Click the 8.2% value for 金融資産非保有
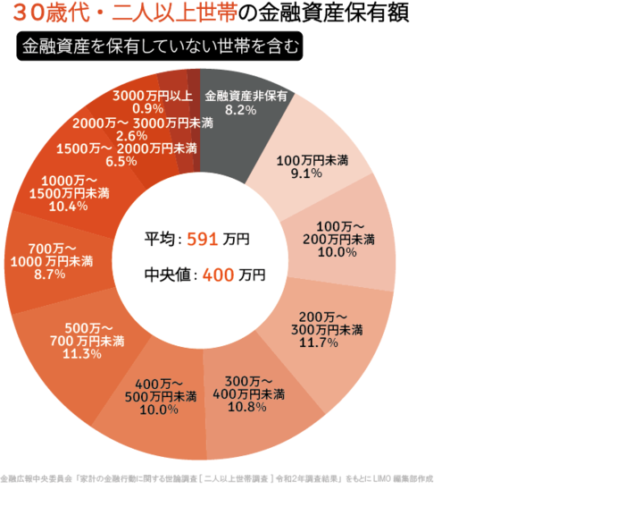pyautogui.click(x=241, y=110)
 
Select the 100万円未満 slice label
pyautogui.click(x=312, y=160)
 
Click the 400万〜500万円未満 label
pyautogui.click(x=160, y=390)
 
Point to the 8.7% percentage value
pyautogui.click(x=49, y=275)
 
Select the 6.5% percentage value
pyautogui.click(x=121, y=162)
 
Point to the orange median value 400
pyautogui.click(x=218, y=275)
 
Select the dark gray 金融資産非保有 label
pyautogui.click(x=246, y=96)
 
